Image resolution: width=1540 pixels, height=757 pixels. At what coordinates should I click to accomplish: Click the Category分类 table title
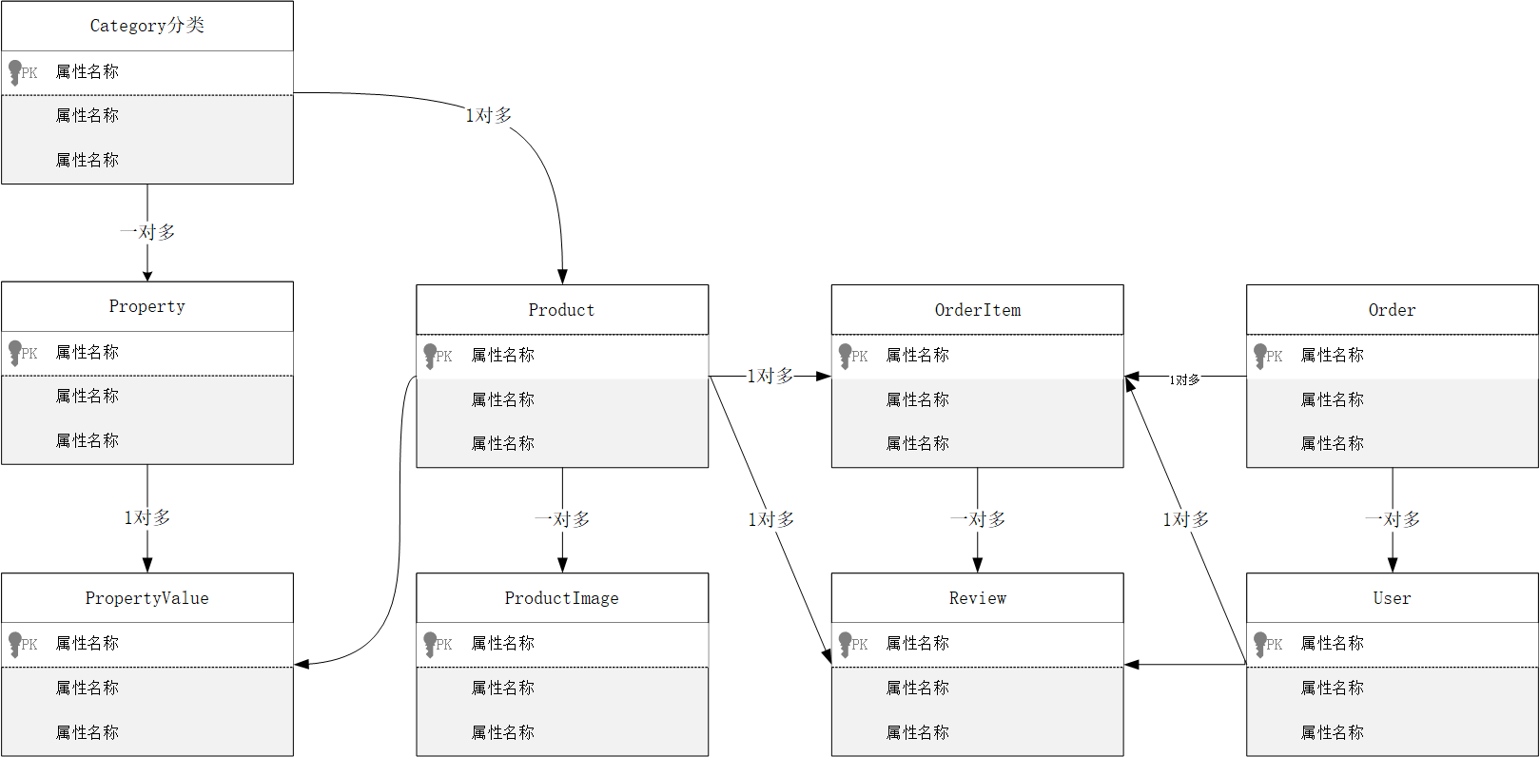coord(146,26)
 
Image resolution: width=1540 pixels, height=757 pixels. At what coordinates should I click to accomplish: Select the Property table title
coord(146,306)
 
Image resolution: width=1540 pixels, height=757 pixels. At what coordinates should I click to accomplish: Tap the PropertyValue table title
coord(146,598)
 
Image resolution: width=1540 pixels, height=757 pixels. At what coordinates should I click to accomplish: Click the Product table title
coord(561,310)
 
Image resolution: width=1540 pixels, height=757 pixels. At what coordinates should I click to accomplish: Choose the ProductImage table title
coord(561,598)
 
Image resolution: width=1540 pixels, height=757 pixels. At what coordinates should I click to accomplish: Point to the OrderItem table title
coord(977,310)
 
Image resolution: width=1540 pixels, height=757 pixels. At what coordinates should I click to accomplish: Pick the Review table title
coord(977,598)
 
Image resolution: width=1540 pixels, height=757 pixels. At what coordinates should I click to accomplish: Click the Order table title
coord(1392,310)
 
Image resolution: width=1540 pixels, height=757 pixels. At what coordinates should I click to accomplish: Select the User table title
coord(1392,598)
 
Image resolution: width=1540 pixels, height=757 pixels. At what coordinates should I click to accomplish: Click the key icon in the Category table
coord(15,72)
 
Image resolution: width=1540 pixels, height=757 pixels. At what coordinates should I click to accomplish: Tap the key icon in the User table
coord(1260,644)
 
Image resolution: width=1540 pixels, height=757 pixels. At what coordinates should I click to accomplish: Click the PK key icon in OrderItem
coord(846,356)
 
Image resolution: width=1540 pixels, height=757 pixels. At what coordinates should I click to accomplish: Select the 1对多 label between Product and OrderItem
coord(770,377)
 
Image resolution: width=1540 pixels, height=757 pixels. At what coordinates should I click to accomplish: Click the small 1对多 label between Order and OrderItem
coord(1184,379)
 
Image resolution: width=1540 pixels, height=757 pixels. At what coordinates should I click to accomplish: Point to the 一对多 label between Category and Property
coord(147,232)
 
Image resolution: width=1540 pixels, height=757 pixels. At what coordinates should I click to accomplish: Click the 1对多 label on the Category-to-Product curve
coord(488,115)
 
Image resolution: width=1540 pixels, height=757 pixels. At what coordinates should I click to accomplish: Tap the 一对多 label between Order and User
coord(1392,519)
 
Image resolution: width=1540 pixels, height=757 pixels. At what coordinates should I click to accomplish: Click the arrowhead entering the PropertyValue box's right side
coord(302,664)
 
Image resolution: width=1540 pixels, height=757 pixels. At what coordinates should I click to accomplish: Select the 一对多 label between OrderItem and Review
coord(977,519)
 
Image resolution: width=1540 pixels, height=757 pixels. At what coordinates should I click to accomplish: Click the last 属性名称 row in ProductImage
coord(502,732)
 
